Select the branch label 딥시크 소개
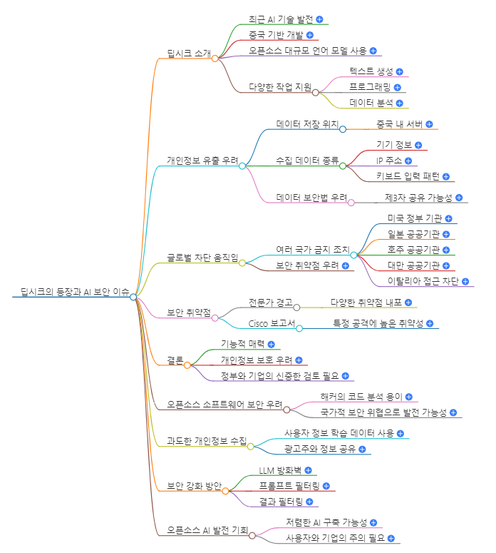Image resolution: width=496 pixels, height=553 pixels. pyautogui.click(x=188, y=54)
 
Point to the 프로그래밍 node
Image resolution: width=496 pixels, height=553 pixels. pyautogui.click(x=370, y=87)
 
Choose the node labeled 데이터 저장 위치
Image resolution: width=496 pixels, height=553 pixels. pyautogui.click(x=306, y=124)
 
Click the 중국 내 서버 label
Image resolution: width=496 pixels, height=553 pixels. pyautogui.click(x=400, y=124)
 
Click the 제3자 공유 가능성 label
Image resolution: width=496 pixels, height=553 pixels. pyautogui.click(x=419, y=198)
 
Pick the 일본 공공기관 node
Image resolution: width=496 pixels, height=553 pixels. pyautogui.click(x=413, y=234)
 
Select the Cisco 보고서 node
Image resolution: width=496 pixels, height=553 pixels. pyautogui.click(x=272, y=323)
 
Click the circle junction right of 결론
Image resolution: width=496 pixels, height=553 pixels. pyautogui.click(x=187, y=365)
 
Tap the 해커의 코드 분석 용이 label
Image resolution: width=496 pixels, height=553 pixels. pyautogui.click(x=362, y=397)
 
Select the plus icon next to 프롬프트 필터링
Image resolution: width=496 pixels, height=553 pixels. pyautogui.click(x=326, y=486)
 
